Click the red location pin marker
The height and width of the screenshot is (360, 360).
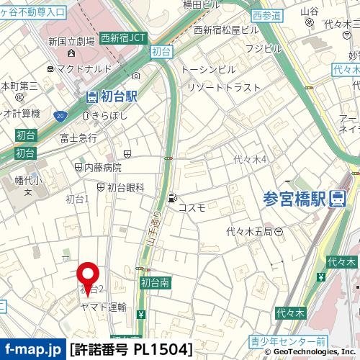89,279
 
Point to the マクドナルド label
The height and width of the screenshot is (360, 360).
85,69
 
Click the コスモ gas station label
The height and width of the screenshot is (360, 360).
192,207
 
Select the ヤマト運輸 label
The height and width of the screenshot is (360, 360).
103,307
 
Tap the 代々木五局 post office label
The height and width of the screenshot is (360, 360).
249,231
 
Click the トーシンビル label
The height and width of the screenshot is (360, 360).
208,69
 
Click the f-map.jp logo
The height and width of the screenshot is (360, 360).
33,350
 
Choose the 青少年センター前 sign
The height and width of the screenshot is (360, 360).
289,340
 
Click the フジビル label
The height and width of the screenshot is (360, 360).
264,48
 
